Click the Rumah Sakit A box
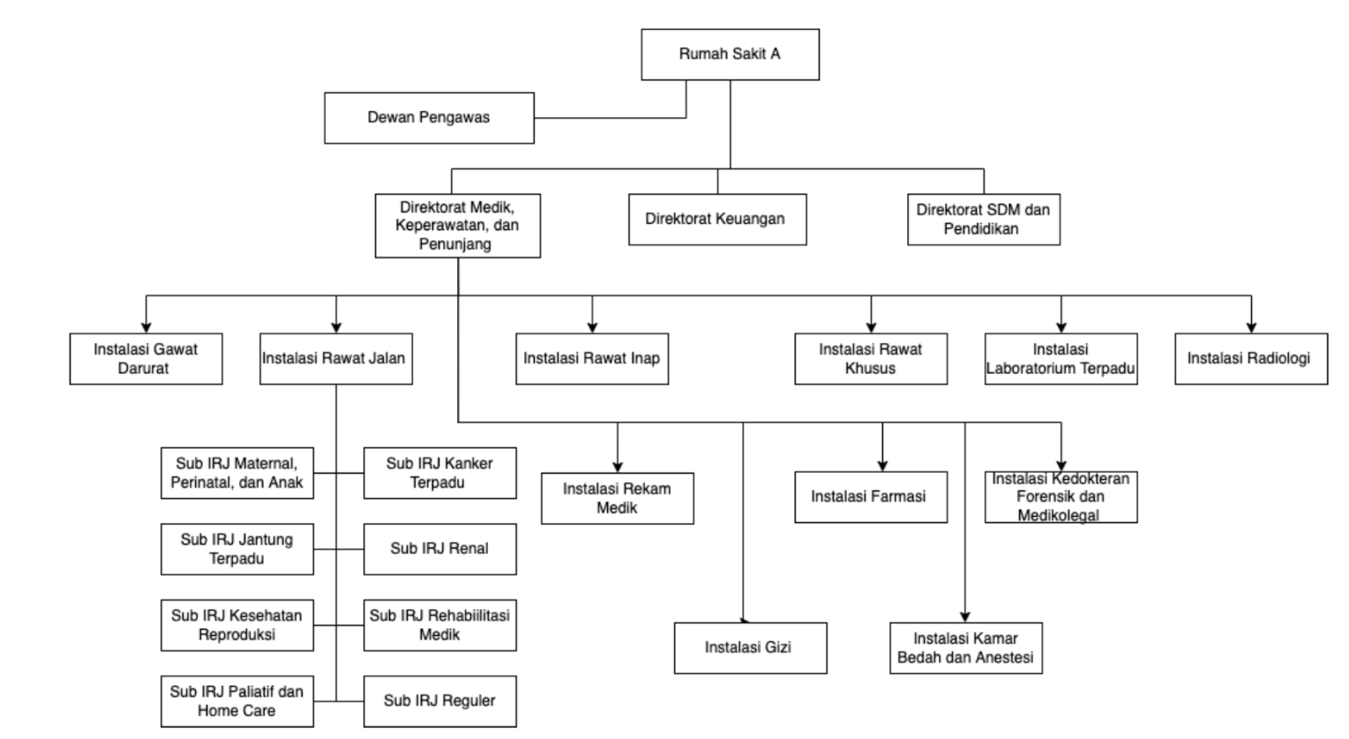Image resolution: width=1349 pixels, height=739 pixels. point(730,55)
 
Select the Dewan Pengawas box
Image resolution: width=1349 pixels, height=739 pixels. point(429,118)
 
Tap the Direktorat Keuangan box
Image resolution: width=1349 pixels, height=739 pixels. point(716,220)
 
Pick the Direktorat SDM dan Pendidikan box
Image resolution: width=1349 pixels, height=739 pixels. point(983,220)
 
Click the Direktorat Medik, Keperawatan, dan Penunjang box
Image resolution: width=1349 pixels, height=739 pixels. point(457,226)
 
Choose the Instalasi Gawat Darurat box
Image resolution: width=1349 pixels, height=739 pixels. point(146,359)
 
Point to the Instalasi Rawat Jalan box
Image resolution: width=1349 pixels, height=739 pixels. point(335,359)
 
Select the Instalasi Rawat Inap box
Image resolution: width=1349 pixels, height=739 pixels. point(591,359)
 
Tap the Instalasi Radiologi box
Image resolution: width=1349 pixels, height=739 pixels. point(1250,359)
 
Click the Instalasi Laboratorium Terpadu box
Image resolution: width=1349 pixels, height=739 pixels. point(1060,359)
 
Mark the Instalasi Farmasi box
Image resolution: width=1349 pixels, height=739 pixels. point(870,497)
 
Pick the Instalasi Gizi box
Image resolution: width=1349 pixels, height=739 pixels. point(750,648)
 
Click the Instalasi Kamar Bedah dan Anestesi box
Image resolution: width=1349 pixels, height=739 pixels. point(965,648)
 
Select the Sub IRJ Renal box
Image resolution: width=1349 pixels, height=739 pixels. point(439,549)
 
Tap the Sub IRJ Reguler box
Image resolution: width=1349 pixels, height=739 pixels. point(439,701)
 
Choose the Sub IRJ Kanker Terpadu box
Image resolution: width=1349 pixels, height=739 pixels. point(439,474)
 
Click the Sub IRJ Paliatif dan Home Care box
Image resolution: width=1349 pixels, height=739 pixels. point(236,701)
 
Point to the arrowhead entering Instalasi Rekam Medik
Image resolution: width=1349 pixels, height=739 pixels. point(617,467)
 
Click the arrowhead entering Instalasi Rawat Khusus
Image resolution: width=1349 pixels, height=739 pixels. point(871,327)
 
